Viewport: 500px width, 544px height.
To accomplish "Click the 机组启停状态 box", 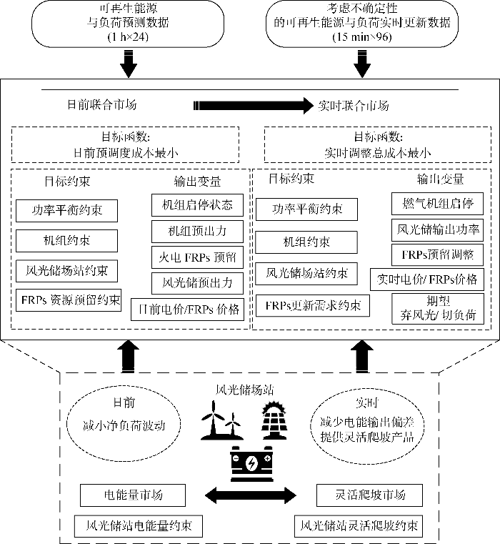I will (197, 204).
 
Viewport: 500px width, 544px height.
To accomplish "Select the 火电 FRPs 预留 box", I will (197, 257).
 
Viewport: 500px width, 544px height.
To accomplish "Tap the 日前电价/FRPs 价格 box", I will (188, 310).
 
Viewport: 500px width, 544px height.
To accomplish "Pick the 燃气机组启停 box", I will (433, 203).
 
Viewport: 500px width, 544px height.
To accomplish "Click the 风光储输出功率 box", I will (438, 229).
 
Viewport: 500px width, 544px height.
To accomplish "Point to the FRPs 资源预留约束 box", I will (69, 298).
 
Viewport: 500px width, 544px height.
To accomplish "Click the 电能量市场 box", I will (133, 495).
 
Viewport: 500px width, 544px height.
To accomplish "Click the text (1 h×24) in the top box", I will (129, 36).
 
